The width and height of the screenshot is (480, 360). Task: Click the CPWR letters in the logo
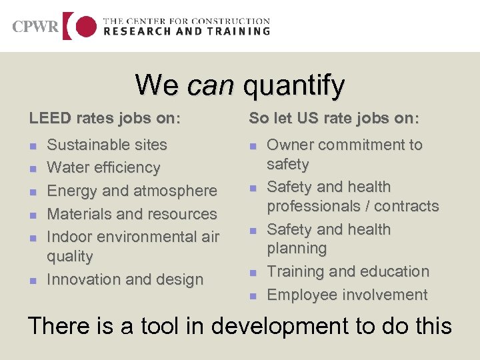click(x=35, y=27)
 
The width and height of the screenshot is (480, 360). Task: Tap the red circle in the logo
click(x=85, y=27)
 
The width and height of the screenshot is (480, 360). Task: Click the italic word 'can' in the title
click(x=211, y=85)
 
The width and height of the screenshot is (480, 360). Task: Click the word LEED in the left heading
click(x=47, y=119)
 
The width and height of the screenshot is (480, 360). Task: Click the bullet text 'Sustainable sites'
click(x=107, y=145)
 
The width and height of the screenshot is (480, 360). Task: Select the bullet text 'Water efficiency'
click(x=103, y=167)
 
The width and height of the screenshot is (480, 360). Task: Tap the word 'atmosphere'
click(x=176, y=191)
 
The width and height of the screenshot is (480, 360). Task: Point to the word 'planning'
click(x=297, y=249)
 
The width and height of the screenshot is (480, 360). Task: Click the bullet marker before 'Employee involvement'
click(x=253, y=295)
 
